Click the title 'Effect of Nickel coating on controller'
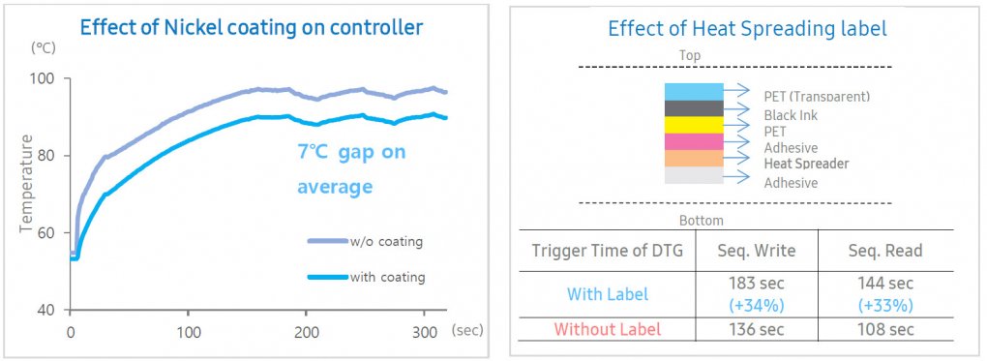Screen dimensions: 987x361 pyautogui.click(x=250, y=29)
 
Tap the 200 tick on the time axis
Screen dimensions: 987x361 pyautogui.click(x=306, y=331)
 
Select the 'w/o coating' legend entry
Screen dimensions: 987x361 pyautogui.click(x=365, y=241)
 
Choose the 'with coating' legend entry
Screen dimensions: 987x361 pyautogui.click(x=366, y=277)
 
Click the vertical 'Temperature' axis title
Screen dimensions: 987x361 pyautogui.click(x=26, y=183)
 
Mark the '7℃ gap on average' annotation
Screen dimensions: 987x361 pyautogui.click(x=350, y=169)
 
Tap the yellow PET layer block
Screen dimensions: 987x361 pyautogui.click(x=694, y=125)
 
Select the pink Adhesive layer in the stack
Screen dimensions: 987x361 pyautogui.click(x=694, y=141)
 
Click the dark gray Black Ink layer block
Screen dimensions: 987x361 pyautogui.click(x=694, y=108)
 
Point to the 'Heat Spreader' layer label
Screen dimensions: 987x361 pyautogui.click(x=806, y=164)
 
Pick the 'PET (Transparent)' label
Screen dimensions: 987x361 pyautogui.click(x=817, y=97)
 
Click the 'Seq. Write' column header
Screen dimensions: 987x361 pyautogui.click(x=756, y=251)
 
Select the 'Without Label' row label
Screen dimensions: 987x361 pyautogui.click(x=607, y=329)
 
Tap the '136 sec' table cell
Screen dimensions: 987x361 pyautogui.click(x=757, y=329)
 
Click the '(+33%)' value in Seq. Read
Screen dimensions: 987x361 pyautogui.click(x=885, y=306)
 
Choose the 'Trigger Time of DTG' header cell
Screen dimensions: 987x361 pyautogui.click(x=607, y=251)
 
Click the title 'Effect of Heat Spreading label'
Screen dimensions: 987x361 pyautogui.click(x=747, y=28)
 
